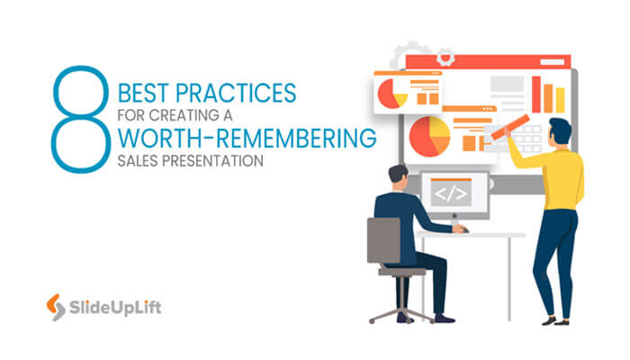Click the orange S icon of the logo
click(54, 309)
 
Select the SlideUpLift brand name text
click(116, 310)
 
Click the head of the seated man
click(398, 176)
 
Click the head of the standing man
click(560, 129)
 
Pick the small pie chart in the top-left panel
click(390, 92)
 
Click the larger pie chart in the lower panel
click(429, 135)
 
